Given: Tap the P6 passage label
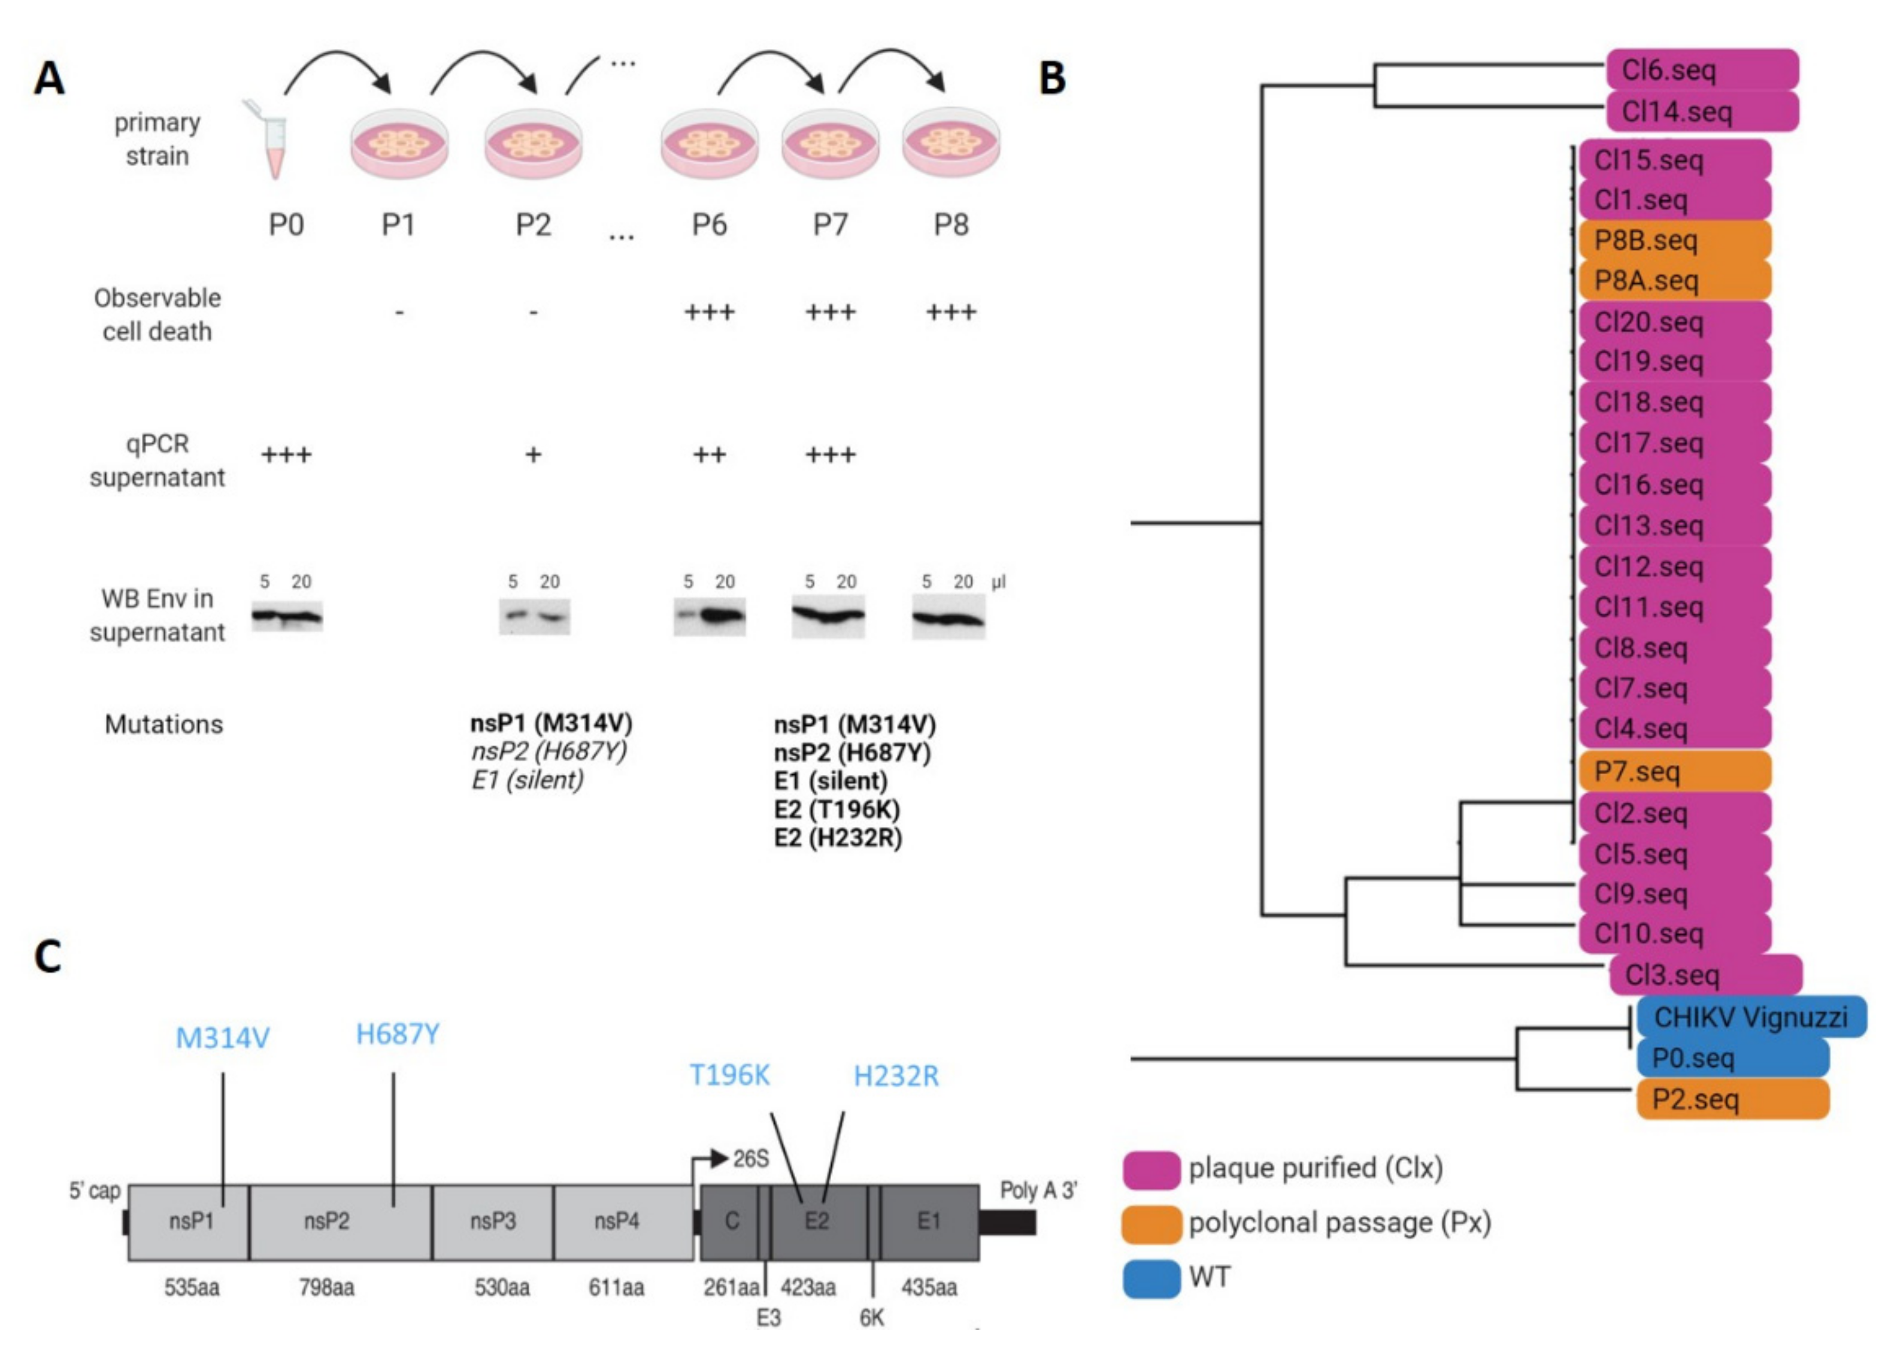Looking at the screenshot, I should [708, 225].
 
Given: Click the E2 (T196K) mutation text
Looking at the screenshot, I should [837, 809].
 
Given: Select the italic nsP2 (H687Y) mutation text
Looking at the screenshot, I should [548, 752].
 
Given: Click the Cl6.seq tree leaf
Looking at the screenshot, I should [1702, 70].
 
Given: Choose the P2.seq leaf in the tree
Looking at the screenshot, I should [1732, 1099].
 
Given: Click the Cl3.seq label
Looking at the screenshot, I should [1705, 975].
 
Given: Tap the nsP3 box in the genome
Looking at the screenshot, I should [493, 1221].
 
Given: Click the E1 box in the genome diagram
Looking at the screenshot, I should [929, 1221].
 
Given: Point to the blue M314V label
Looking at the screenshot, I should [222, 1038].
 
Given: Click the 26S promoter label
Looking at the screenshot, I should [750, 1158].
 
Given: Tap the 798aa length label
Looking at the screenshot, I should [326, 1288].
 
